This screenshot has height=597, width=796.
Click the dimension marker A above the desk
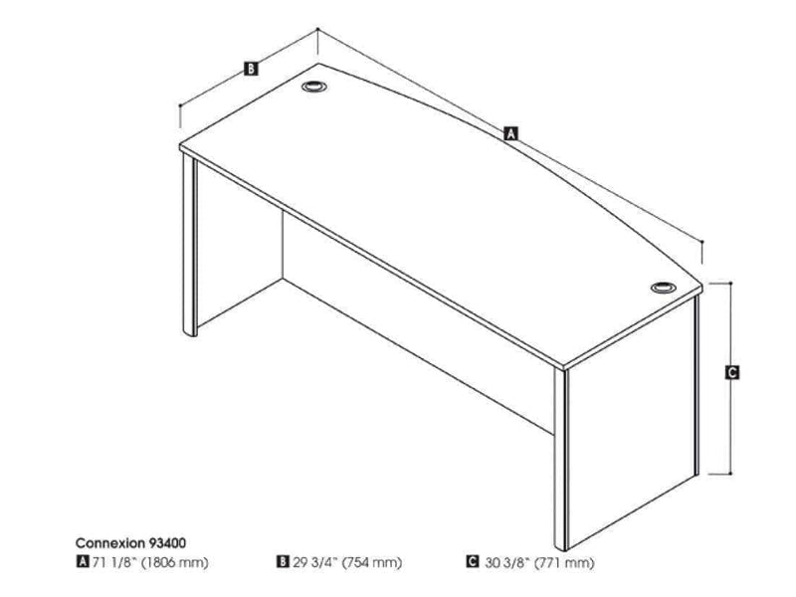coord(510,131)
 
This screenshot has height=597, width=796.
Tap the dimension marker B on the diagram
coord(252,69)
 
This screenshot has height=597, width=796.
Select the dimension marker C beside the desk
coord(731,373)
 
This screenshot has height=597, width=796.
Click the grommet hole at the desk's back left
coord(315,87)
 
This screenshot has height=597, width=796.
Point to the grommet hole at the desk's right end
coord(662,288)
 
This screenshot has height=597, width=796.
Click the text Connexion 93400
coord(129,544)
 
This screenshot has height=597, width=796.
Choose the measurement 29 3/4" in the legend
coord(312,563)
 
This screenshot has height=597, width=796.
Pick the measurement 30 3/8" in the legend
coord(506,563)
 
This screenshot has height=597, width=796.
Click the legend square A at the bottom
coord(81,563)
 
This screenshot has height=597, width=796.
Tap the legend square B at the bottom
coord(284,563)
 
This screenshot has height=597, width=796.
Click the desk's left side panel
coord(189,249)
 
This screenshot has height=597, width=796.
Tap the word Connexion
coord(105,544)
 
